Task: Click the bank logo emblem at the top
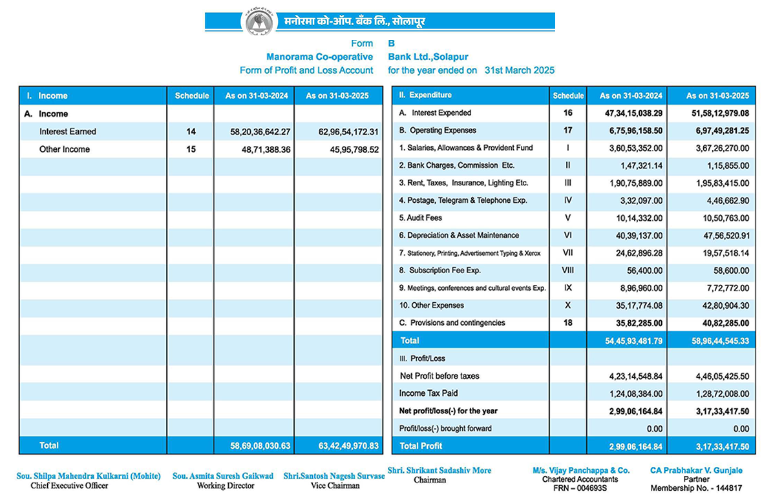point(257,21)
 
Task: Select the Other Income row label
point(65,149)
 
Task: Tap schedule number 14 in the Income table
point(191,132)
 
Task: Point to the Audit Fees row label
point(420,218)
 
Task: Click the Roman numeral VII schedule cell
point(568,253)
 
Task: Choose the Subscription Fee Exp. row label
point(440,271)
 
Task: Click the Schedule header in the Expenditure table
point(568,96)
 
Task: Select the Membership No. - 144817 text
point(696,488)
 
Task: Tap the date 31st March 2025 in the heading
point(520,70)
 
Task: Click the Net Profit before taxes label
point(439,376)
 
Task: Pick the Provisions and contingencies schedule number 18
point(568,323)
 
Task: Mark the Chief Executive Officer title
point(70,486)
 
